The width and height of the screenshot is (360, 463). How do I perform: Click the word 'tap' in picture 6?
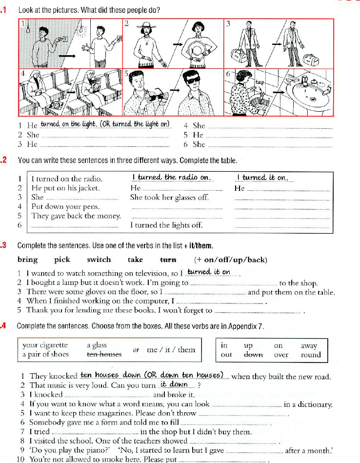coord(260,82)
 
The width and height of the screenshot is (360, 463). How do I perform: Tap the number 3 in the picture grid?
coord(228,24)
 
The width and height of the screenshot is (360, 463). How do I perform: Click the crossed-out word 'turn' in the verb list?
coord(168,260)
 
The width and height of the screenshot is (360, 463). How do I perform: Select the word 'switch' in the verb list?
coord(99,260)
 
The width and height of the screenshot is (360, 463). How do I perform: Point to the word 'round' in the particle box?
coord(311,355)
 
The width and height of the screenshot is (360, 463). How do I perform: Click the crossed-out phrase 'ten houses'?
coord(104,355)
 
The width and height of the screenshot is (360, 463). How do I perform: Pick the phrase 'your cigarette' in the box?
coord(45,345)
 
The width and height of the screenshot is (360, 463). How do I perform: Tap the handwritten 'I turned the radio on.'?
coord(171,178)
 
